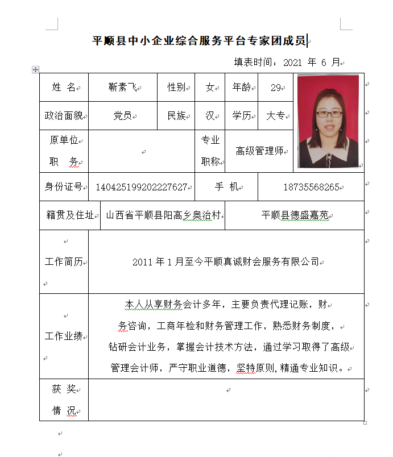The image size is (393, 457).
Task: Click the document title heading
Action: pyautogui.click(x=200, y=40)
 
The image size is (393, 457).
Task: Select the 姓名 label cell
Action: pyautogui.click(x=64, y=88)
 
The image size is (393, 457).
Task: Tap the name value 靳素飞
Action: pyautogui.click(x=122, y=88)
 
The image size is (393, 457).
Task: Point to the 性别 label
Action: pyautogui.click(x=176, y=88)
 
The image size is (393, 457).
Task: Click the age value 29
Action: pyautogui.click(x=276, y=88)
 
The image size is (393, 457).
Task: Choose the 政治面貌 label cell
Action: pyautogui.click(x=64, y=116)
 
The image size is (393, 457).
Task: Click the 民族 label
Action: pyautogui.click(x=176, y=116)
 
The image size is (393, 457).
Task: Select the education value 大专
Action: pyautogui.click(x=276, y=116)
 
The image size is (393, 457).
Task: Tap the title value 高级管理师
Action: pyautogui.click(x=259, y=151)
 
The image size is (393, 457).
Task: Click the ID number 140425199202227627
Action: pyautogui.click(x=142, y=187)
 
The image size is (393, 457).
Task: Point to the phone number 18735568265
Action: pyautogui.click(x=311, y=187)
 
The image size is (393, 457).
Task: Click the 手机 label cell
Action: pyautogui.click(x=226, y=187)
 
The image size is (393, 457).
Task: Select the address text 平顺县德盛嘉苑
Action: pyautogui.click(x=294, y=215)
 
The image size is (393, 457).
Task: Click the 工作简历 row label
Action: pyautogui.click(x=64, y=262)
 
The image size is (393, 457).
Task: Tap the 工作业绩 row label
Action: pyautogui.click(x=64, y=336)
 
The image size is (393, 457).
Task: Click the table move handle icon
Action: pyautogui.click(x=35, y=69)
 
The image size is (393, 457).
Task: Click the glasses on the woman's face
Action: pyautogui.click(x=329, y=114)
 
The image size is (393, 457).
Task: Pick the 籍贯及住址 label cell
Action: pyautogui.click(x=69, y=215)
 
